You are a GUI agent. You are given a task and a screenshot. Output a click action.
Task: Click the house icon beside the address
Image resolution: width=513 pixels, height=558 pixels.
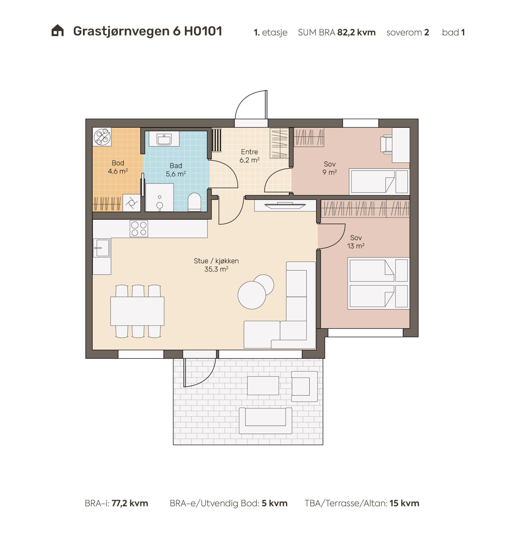pos(58,31)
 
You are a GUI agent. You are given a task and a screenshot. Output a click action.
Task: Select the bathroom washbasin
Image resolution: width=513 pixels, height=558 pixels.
pos(164,139)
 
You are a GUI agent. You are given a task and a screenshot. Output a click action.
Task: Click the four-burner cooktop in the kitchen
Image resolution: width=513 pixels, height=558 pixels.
pos(139,229)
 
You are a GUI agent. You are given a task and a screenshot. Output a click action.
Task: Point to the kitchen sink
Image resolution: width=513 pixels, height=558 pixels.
pos(102,248)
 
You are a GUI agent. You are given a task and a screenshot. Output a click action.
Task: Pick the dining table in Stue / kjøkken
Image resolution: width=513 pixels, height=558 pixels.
pos(137,311)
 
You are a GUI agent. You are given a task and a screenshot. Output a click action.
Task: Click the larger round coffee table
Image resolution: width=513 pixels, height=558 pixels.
pos(252,295)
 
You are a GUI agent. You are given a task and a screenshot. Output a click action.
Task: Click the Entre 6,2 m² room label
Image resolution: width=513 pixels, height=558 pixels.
pos(250,156)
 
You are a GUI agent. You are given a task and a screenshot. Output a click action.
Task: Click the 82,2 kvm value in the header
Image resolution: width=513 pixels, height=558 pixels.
pos(356,32)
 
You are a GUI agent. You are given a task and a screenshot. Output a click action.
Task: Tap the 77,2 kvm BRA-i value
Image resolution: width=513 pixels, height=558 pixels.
pos(130,503)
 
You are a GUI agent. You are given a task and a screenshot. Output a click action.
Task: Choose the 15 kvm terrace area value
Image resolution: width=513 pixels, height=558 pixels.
pos(404,503)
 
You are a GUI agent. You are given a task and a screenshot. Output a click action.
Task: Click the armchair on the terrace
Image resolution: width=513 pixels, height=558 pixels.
pos(304,386)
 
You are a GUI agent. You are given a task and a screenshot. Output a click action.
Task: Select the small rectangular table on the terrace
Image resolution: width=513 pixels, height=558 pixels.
pos(263,386)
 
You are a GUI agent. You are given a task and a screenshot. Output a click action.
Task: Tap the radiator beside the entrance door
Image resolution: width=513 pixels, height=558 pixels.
pos(216,140)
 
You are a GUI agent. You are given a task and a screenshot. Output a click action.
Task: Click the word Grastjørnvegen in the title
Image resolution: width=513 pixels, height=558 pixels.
pos(121,31)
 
